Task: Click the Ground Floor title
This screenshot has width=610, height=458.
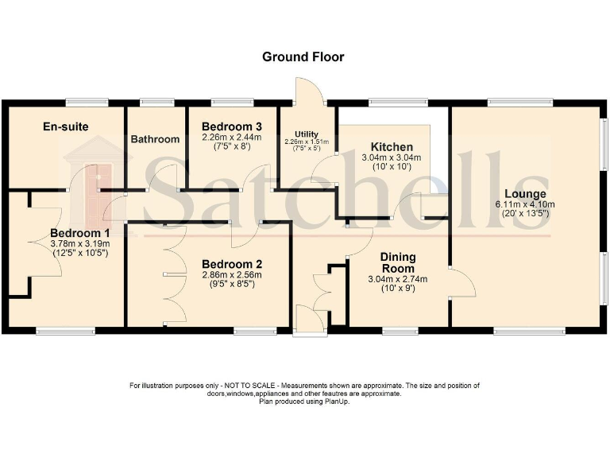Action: [304, 57]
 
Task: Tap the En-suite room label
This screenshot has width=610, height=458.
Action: [65, 126]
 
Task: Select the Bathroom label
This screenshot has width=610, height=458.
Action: [155, 139]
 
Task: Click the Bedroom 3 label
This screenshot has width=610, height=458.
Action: [231, 126]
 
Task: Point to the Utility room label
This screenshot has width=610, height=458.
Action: [306, 134]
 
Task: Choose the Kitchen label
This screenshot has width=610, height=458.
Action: [392, 147]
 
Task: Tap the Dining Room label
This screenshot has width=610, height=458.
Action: [398, 262]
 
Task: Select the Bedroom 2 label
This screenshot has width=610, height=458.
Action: [231, 264]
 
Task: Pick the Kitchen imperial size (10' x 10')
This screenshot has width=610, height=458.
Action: [392, 168]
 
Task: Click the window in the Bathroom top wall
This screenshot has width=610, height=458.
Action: [156, 102]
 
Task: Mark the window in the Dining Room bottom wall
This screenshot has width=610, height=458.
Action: [400, 330]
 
